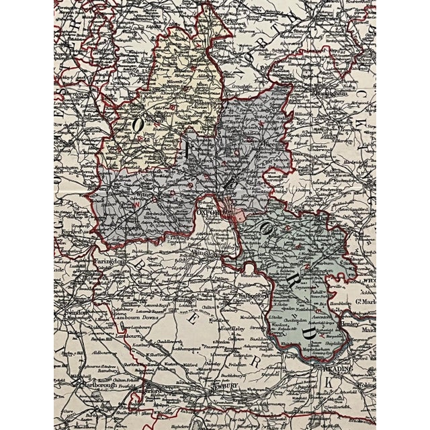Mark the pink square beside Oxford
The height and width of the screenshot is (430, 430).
pyautogui.click(x=240, y=216)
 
